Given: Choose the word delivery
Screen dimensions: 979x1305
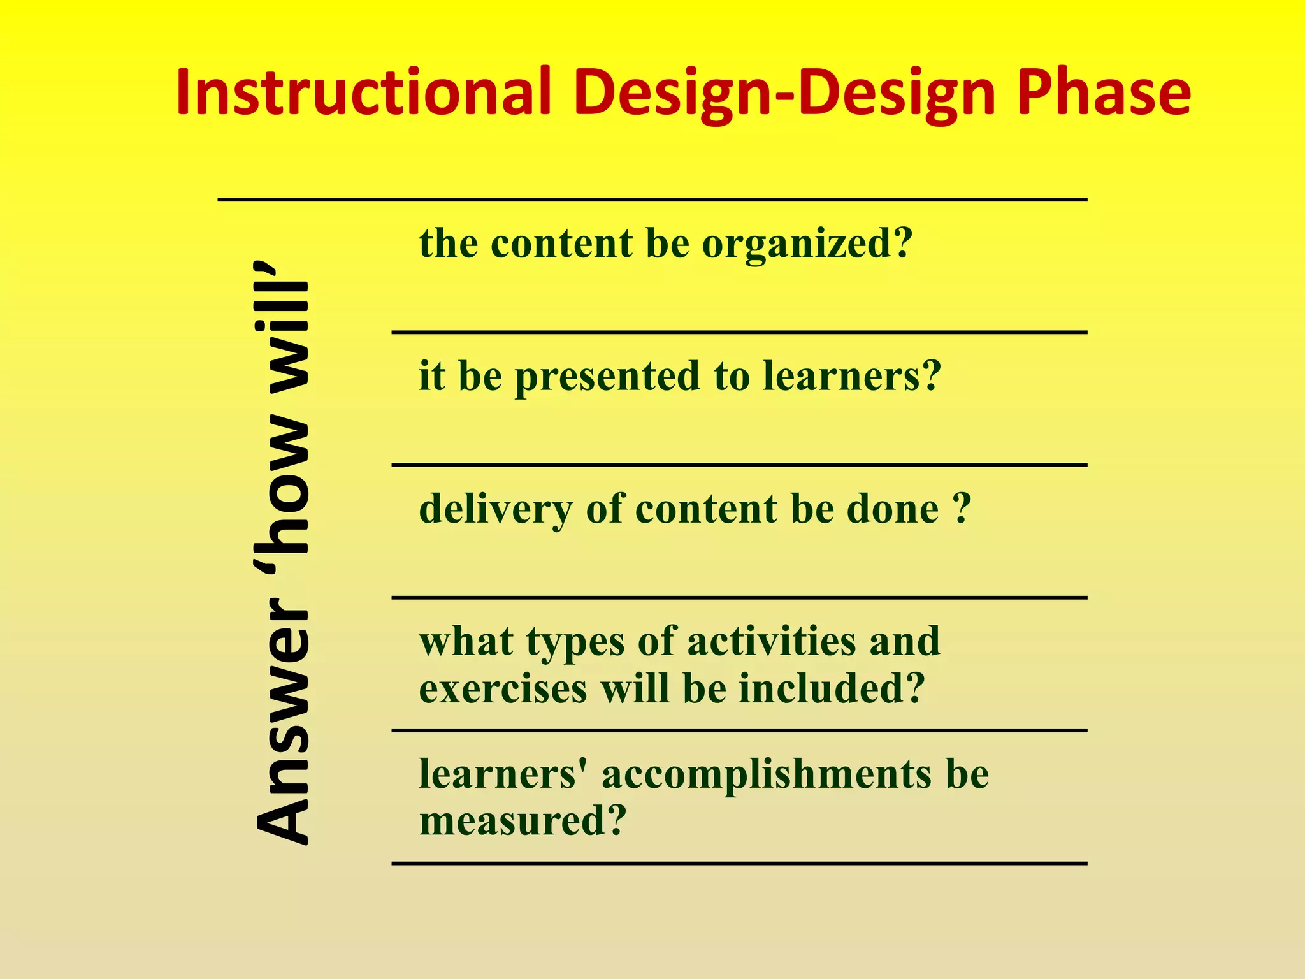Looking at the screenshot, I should click(x=496, y=510).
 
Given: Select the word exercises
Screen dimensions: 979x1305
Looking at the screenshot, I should click(x=503, y=689).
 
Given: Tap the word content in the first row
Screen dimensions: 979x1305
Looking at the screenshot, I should click(x=561, y=244).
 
